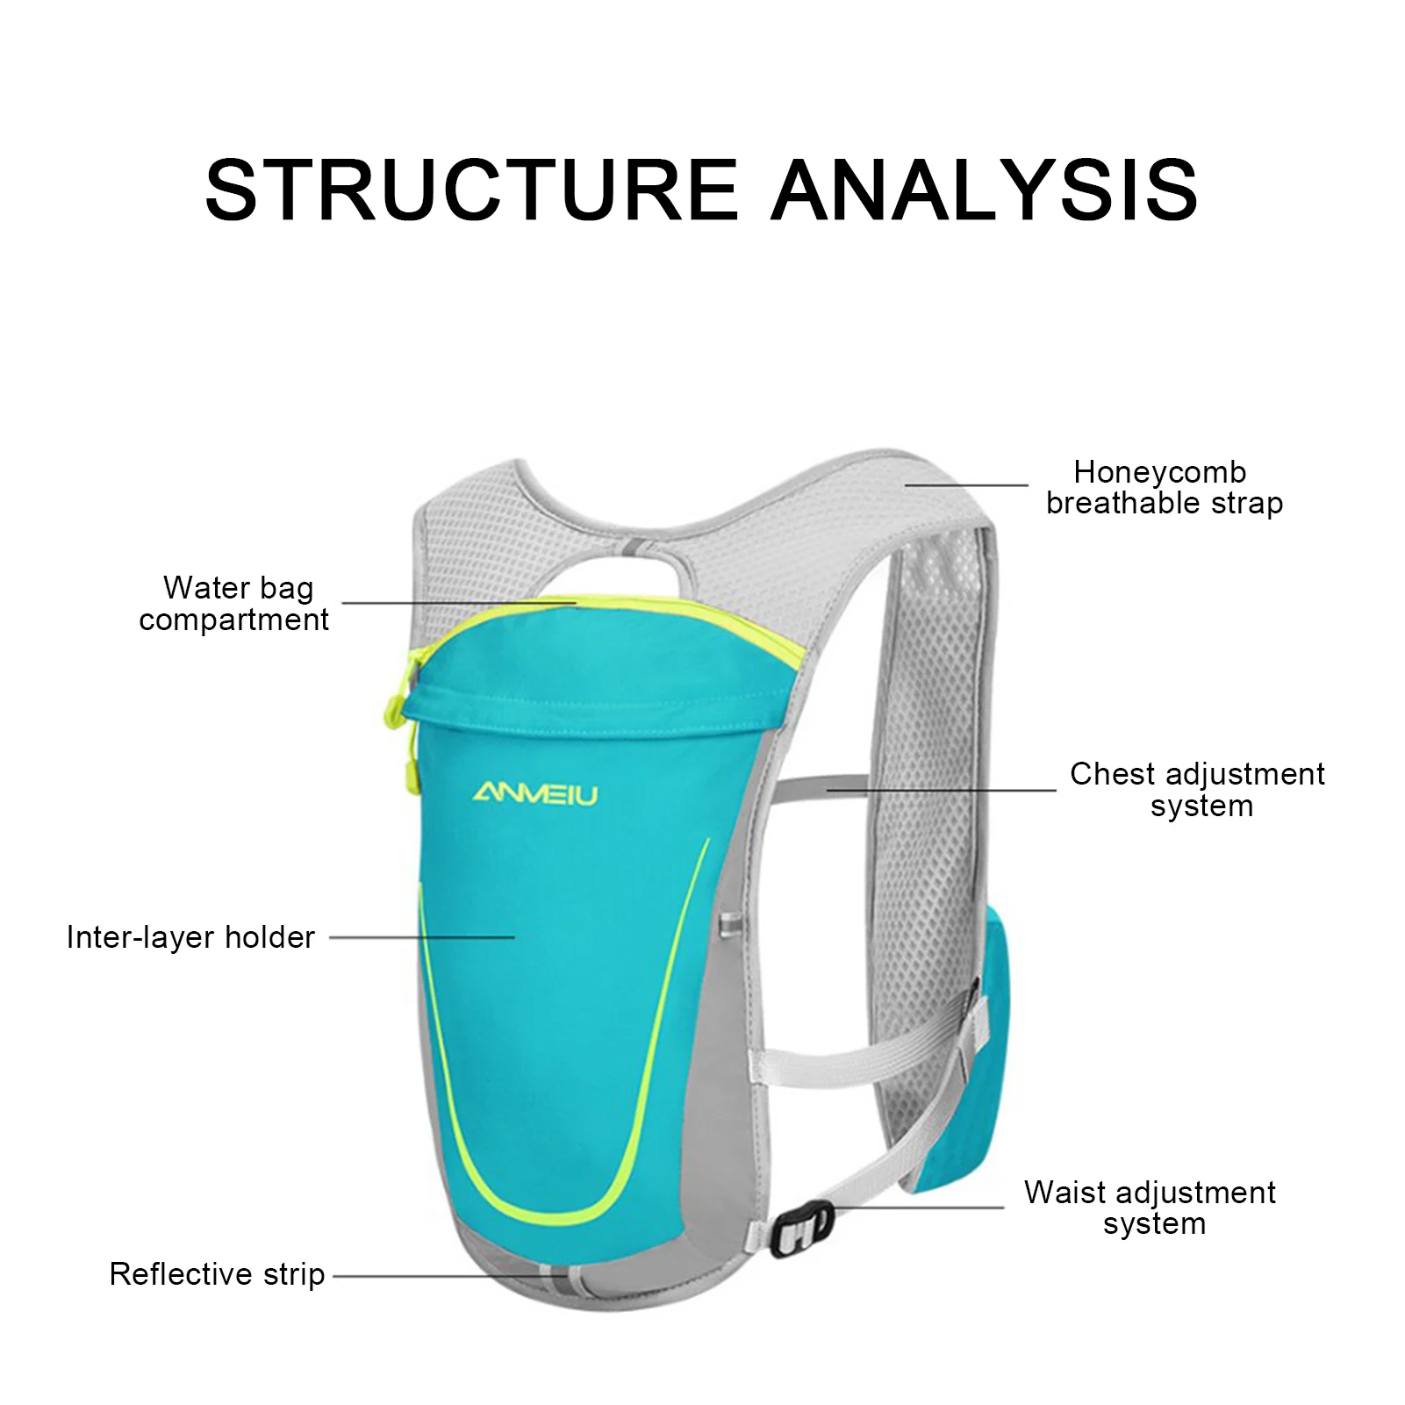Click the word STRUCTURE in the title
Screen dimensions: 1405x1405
[x=471, y=189]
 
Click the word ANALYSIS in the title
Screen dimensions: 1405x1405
[x=984, y=189]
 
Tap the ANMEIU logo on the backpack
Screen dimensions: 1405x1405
[x=535, y=794]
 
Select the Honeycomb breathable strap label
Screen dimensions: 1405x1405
[x=1164, y=488]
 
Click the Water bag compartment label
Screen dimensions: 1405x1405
[x=234, y=604]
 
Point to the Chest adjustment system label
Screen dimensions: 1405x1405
[x=1197, y=790]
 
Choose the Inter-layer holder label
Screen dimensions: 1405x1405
[x=190, y=937]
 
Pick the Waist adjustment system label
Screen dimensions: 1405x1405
[x=1150, y=1208]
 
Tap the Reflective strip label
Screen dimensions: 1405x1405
[x=217, y=1274]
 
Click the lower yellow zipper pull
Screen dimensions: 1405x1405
[x=409, y=772]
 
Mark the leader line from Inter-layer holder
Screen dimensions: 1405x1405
[x=421, y=937]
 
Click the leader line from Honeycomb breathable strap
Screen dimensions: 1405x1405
[x=965, y=484]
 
